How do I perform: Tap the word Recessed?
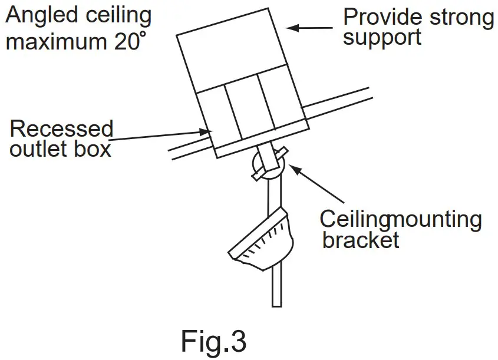pyautogui.click(x=61, y=128)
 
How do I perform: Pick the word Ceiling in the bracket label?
pyautogui.click(x=354, y=219)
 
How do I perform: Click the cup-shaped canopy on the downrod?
pyautogui.click(x=262, y=242)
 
